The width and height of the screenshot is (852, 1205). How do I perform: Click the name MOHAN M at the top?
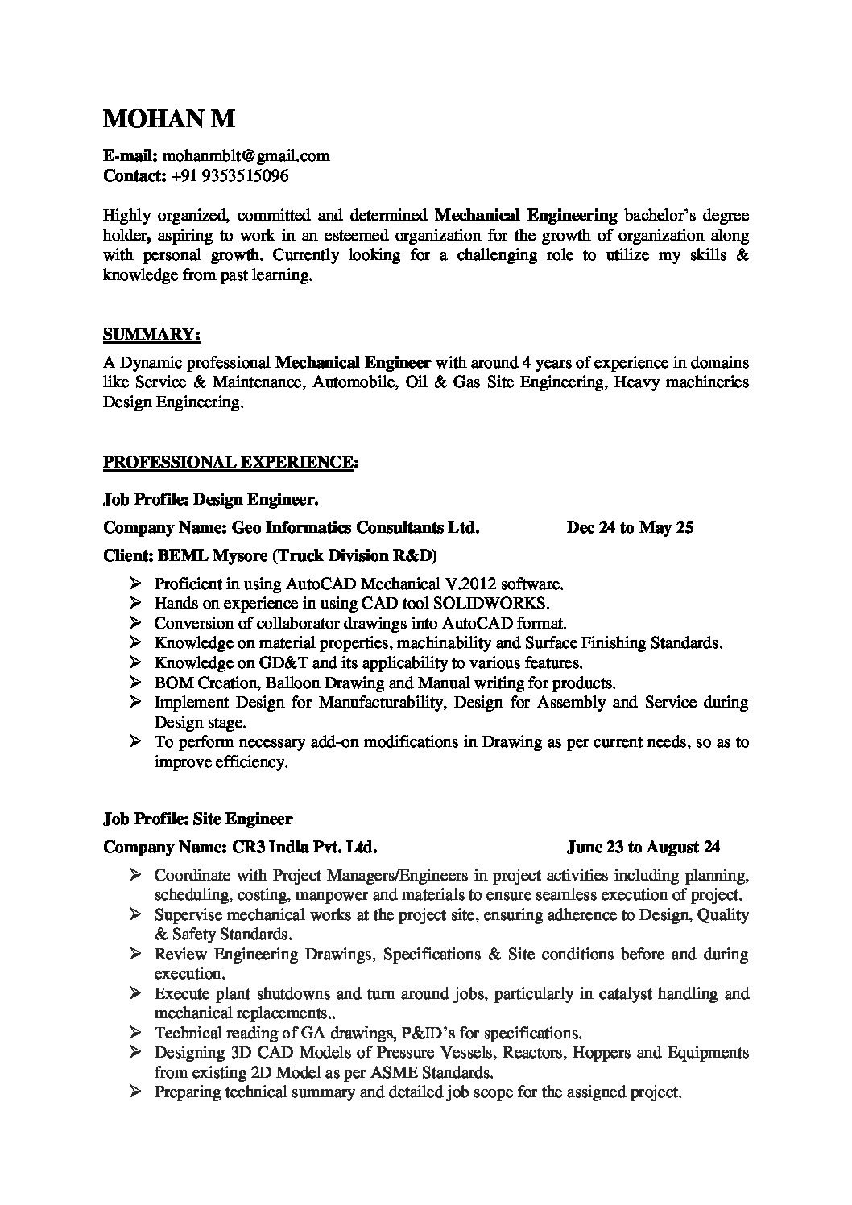click(x=170, y=119)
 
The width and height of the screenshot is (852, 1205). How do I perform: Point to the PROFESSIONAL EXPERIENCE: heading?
click(x=231, y=462)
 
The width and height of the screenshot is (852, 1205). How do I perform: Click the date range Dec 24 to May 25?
click(x=630, y=528)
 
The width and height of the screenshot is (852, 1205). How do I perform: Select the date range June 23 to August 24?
click(x=643, y=847)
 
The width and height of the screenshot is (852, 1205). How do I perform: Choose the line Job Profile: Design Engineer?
click(x=211, y=500)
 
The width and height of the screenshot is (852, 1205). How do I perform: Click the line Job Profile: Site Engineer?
click(x=198, y=819)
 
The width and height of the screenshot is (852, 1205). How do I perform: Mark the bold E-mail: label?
click(x=132, y=155)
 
